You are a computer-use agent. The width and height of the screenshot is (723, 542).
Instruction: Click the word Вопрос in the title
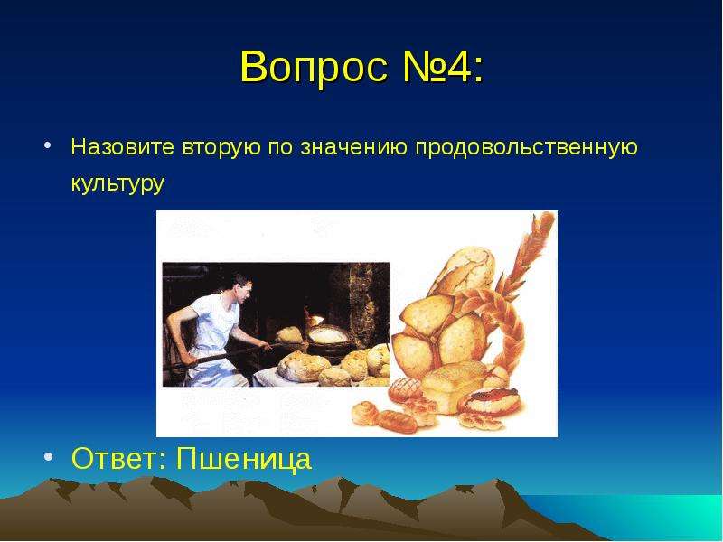pos(314,66)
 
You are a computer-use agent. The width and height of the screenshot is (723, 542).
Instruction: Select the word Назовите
pos(123,147)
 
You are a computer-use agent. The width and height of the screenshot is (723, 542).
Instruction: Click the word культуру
pos(117,183)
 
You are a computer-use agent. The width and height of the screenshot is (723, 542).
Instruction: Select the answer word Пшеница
pos(244,459)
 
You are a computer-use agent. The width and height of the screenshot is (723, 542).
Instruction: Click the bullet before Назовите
pos(48,145)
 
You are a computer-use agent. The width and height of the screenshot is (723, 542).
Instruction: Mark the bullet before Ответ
pos(49,456)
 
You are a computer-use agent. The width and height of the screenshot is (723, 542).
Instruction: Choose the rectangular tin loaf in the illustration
pos(455,387)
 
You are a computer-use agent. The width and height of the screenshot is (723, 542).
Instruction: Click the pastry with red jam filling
pos(490,400)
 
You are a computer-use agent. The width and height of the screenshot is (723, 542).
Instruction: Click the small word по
pos(280,148)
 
